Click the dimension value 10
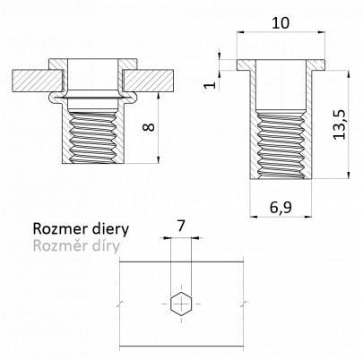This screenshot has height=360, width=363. [281, 23]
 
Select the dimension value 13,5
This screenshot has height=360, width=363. [339, 124]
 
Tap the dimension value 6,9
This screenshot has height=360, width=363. [281, 208]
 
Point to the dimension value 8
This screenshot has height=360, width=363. [149, 127]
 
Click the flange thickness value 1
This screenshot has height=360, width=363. [211, 84]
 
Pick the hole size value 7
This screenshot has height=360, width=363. [180, 227]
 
